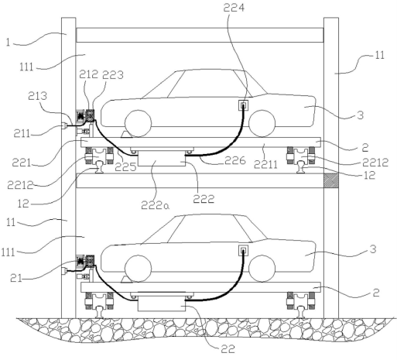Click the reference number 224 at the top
coord(234,8)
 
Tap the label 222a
coord(156,205)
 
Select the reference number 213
coord(38,96)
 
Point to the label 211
coord(22,134)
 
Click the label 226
coord(235,160)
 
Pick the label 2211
coord(265,164)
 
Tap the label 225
coord(125,167)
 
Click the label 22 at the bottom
coord(228,349)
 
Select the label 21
coord(16,278)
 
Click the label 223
coord(113,75)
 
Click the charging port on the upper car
coord(243,105)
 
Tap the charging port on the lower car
coord(243,250)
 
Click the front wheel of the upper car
coord(139,123)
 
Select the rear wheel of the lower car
coord(262,269)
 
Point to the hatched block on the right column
coord(331,180)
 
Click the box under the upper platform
coord(162,159)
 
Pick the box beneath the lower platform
coord(162,303)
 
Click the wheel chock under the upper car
coord(126,135)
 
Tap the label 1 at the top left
coord(8,43)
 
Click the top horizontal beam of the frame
coord(200,35)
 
